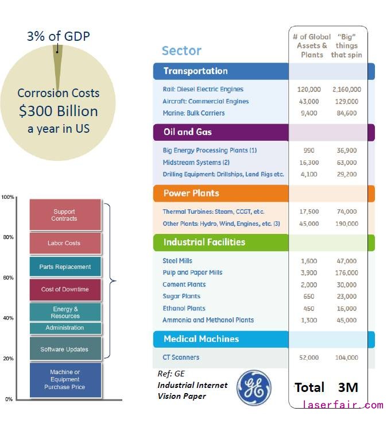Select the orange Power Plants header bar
tap(264, 193)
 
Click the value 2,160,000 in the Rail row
tap(346, 90)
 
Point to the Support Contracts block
tap(64, 215)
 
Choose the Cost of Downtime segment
tap(65, 289)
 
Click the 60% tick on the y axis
tap(9, 278)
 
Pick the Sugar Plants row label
tap(181, 297)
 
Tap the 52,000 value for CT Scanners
tap(309, 357)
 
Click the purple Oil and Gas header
tap(264, 132)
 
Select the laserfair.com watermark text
tap(343, 405)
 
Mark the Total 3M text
tap(326, 387)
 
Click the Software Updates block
tap(64, 349)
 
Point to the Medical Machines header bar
tap(264, 339)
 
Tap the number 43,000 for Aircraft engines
tap(309, 102)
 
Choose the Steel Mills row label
tap(177, 261)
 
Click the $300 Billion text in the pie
tap(58, 111)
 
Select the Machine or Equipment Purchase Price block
tap(65, 379)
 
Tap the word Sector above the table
tap(181, 51)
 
